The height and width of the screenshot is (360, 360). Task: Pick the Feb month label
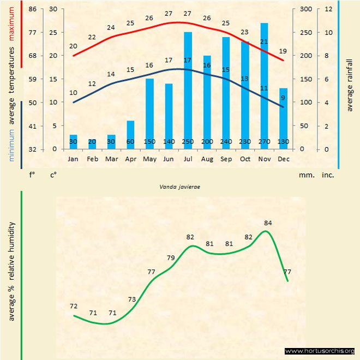pos(92,159)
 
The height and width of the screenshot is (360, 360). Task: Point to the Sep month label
pos(226,159)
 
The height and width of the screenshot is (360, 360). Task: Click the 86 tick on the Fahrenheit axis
pos(32,9)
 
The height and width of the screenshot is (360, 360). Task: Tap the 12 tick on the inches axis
pos(328,9)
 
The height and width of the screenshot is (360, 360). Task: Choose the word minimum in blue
pos(11,145)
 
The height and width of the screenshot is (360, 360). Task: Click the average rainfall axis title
pos(350,85)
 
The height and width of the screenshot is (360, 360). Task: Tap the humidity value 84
pos(267,223)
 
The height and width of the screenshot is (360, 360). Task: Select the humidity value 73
pos(131,299)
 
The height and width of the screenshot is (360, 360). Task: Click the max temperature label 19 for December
pos(282,51)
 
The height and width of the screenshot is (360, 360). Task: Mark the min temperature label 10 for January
pos(73,93)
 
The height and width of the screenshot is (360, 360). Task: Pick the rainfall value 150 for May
pos(149,142)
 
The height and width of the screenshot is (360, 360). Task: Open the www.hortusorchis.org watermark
pos(320,351)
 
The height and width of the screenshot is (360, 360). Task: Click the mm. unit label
pos(305,176)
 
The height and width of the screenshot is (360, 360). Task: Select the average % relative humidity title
pos(11,272)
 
